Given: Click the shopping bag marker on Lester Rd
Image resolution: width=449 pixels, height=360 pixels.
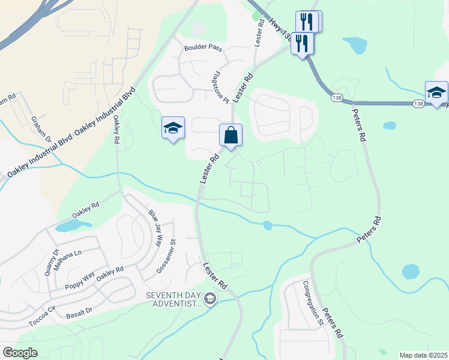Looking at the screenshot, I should click(x=231, y=135).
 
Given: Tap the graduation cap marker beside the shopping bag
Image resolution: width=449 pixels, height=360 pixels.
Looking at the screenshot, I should click(x=173, y=128).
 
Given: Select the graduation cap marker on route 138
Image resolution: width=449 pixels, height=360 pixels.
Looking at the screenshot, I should click(x=436, y=92).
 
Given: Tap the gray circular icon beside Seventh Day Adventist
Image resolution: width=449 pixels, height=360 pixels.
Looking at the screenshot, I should click(x=209, y=298).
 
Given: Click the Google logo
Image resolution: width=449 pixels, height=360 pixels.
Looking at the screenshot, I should click(x=20, y=353).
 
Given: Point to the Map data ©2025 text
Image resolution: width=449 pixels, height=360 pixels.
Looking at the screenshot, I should click(x=423, y=355).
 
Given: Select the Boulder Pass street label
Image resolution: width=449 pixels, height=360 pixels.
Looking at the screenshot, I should click(x=203, y=47).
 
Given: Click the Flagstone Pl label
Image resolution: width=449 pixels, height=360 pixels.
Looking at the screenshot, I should click(x=220, y=87).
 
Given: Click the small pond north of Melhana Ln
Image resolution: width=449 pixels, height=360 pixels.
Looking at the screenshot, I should click(x=72, y=226).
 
